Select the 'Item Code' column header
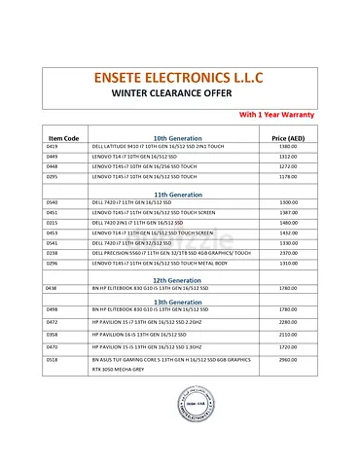(63, 138)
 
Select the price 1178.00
(288, 177)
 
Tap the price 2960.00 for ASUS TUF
(288, 359)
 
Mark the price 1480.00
(288, 222)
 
